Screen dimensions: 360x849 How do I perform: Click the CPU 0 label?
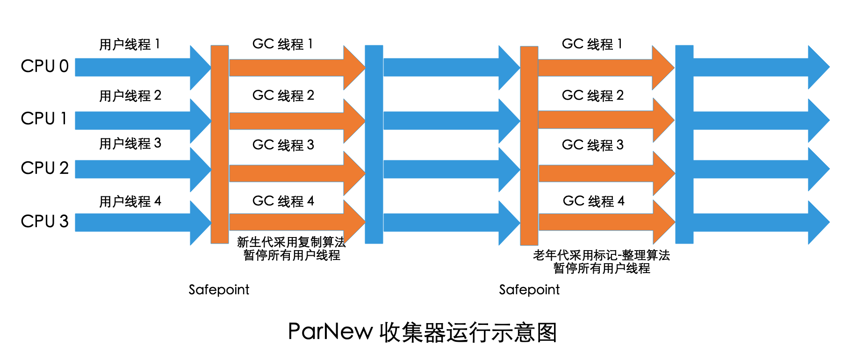point(44,66)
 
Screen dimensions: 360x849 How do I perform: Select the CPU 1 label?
point(44,119)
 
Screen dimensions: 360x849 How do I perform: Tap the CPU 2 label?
point(44,168)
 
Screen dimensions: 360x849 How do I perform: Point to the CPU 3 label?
point(44,221)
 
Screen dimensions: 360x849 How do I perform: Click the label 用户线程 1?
point(130,44)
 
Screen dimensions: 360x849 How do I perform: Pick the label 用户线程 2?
point(130,96)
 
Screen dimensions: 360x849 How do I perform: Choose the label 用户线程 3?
point(130,144)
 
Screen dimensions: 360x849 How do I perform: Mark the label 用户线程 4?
point(130,202)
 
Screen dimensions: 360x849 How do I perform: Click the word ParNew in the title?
point(330,332)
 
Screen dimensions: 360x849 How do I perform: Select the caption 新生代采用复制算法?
point(291,242)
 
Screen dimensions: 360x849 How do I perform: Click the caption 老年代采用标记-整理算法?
point(601,255)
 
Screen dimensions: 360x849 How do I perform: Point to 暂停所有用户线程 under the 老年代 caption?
point(602,268)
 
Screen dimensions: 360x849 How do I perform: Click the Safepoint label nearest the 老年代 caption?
point(529,290)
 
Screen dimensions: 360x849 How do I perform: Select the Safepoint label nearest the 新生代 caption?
point(219,290)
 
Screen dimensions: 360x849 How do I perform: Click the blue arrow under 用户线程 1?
point(136,67)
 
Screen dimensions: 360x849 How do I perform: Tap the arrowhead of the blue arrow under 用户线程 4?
point(201,223)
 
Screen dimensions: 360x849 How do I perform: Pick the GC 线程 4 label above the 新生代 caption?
point(283,201)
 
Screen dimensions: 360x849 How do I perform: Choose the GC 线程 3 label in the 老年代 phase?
point(592,145)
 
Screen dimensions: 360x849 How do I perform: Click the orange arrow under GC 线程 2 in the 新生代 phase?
point(290,121)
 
